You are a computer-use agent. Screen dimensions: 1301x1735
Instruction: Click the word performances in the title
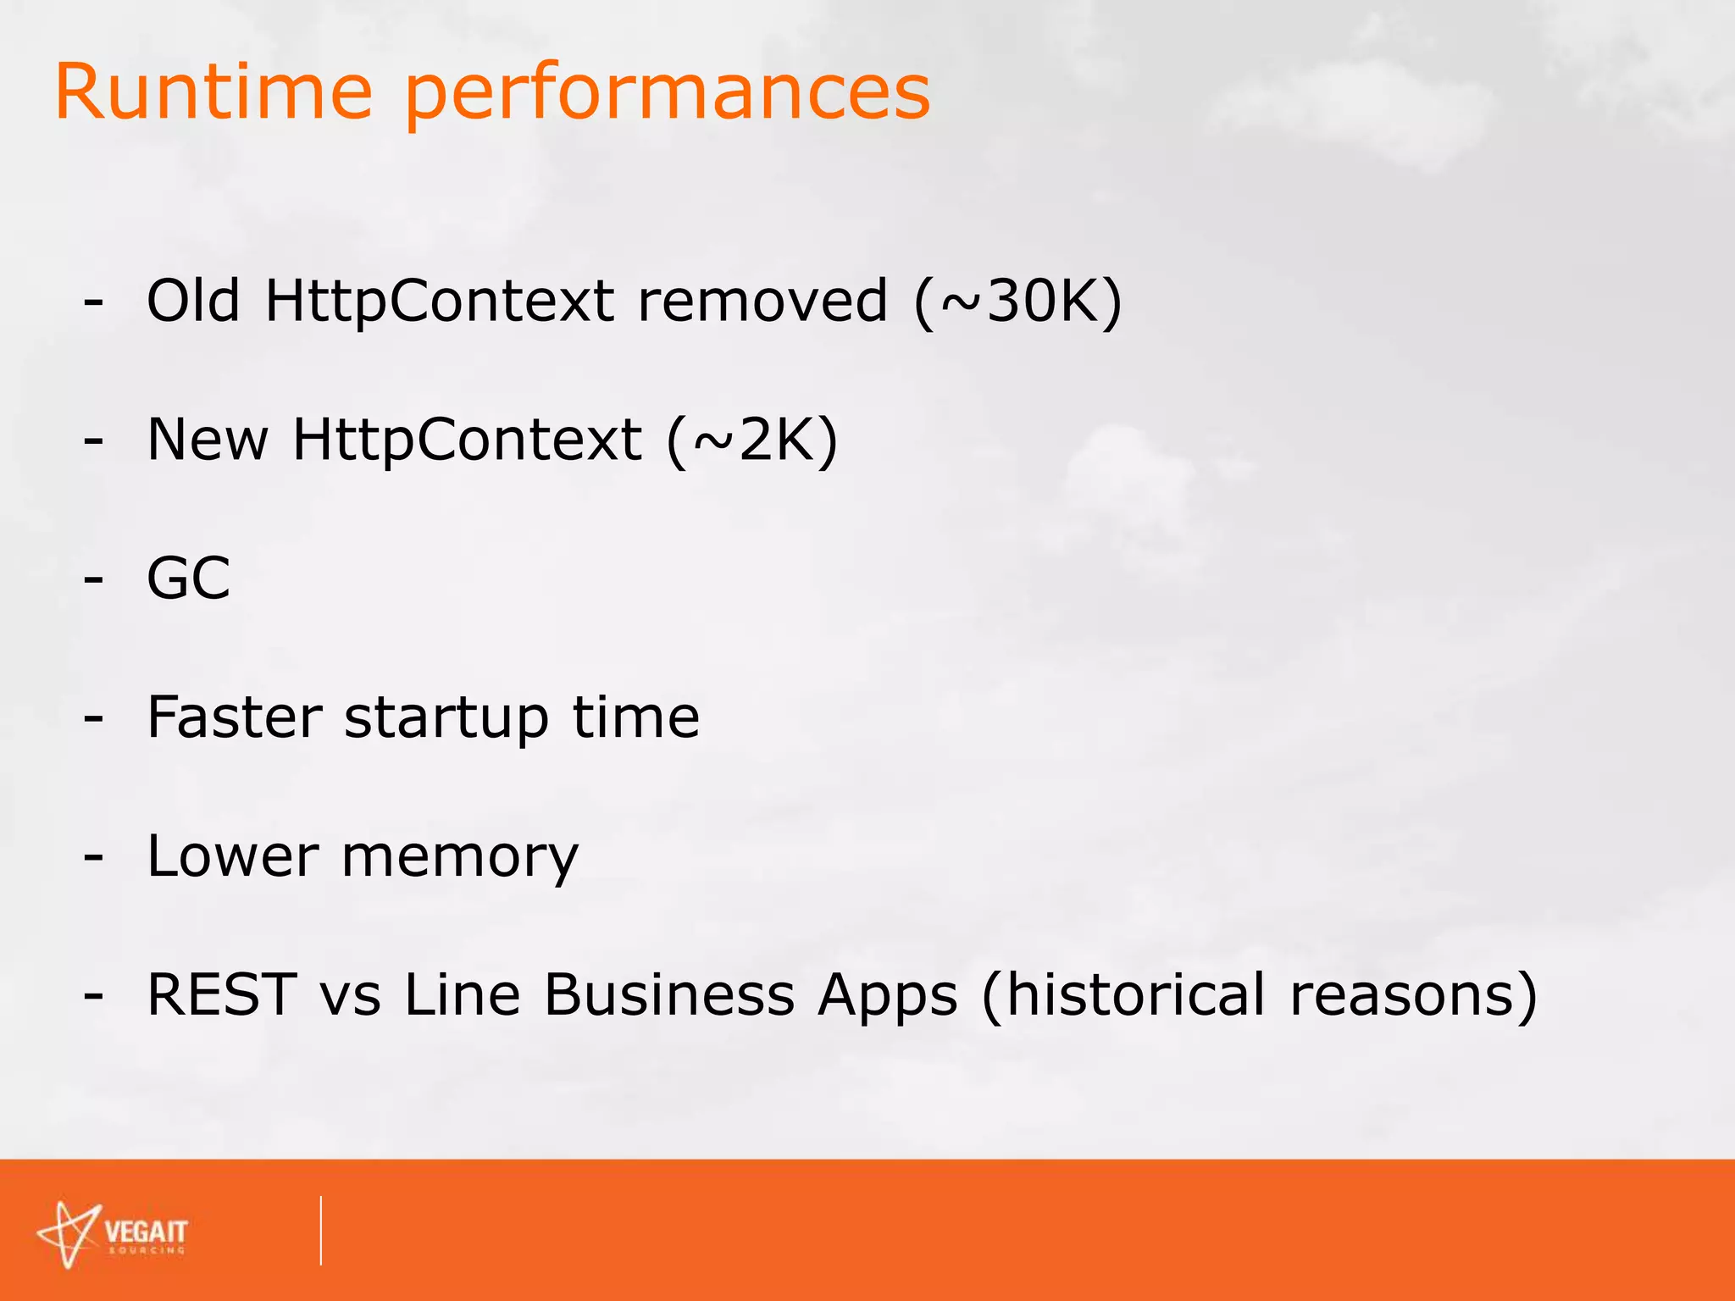click(x=668, y=95)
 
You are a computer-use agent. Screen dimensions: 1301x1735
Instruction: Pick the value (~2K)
click(x=752, y=440)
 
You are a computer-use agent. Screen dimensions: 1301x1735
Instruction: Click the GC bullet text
click(x=188, y=579)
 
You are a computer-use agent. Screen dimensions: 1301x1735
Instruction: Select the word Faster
click(x=235, y=717)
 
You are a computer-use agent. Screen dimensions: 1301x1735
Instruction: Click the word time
click(x=635, y=717)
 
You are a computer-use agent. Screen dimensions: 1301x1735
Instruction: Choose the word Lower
click(x=233, y=855)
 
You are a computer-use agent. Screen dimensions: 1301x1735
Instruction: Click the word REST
click(x=222, y=994)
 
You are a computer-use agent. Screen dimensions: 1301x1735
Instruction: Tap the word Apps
click(x=887, y=996)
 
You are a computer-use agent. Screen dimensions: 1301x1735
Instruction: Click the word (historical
click(x=1123, y=994)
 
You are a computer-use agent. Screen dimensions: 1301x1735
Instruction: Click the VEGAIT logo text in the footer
click(x=146, y=1232)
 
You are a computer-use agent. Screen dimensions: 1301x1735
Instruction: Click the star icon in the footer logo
click(x=69, y=1234)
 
